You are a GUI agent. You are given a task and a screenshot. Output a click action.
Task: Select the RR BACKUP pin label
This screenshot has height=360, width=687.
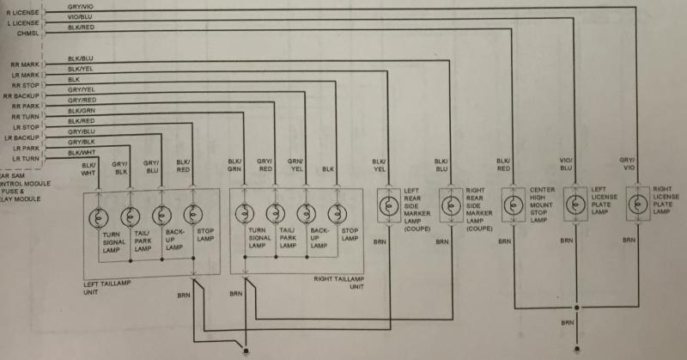[x=23, y=97]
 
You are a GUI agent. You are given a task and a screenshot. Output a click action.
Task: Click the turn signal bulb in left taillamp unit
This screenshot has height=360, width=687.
[x=100, y=214]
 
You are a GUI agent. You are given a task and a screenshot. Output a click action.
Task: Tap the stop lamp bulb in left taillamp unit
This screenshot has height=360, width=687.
[x=192, y=214]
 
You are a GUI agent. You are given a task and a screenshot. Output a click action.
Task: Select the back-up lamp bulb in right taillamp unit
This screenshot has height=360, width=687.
[x=306, y=214]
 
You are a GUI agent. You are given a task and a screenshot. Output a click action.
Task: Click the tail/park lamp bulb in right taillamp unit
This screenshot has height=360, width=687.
[x=275, y=214]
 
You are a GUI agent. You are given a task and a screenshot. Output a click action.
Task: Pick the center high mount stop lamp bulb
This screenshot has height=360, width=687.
[x=514, y=205]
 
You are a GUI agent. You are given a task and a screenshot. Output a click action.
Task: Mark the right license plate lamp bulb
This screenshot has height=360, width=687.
[x=635, y=205]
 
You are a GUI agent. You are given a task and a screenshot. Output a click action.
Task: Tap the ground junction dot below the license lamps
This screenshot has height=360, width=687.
[x=577, y=307]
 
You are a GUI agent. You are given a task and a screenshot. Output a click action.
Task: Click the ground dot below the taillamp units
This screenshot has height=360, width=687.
[x=247, y=350]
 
